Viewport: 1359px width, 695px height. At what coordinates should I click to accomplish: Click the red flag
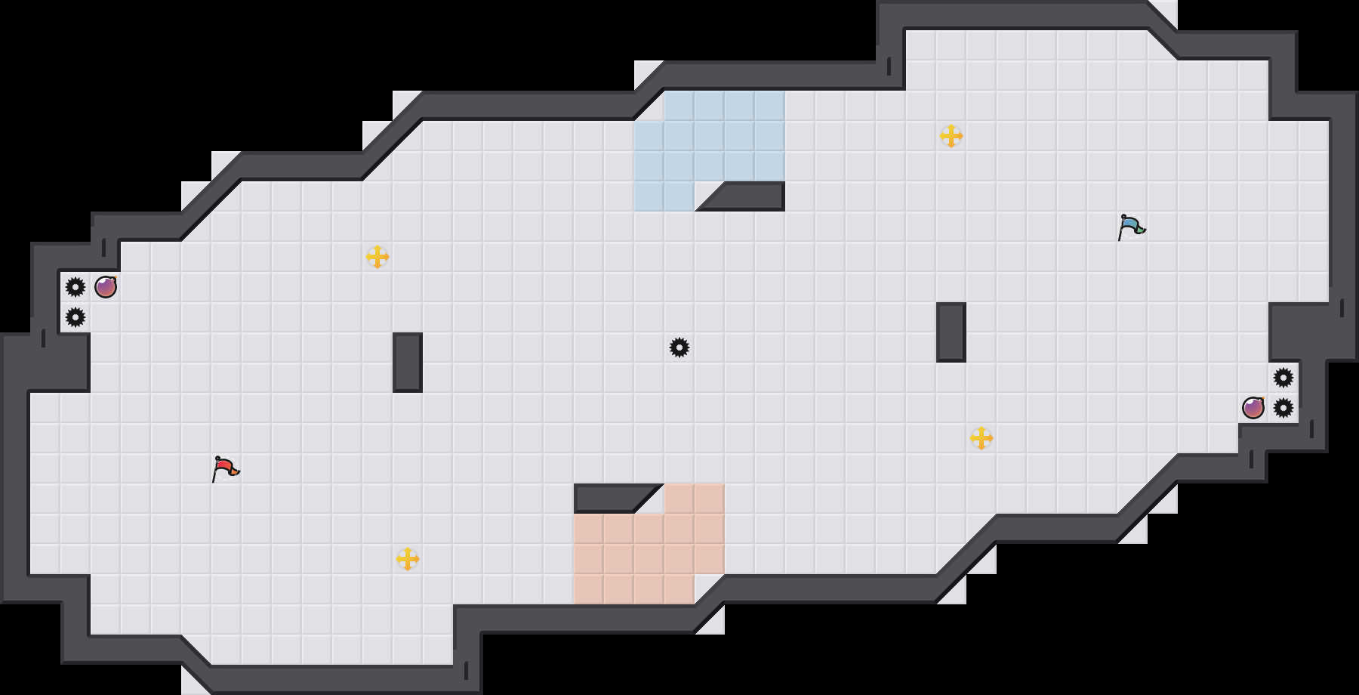(x=225, y=468)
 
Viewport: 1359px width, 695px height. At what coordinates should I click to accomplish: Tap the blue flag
(x=1131, y=227)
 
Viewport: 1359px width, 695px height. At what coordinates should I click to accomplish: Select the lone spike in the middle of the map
(x=679, y=347)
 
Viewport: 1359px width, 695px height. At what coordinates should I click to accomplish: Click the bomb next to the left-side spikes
(x=106, y=287)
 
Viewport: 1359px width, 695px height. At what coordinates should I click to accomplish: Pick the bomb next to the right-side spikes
(x=1253, y=408)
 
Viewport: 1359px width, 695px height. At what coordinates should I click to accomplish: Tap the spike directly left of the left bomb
(x=75, y=287)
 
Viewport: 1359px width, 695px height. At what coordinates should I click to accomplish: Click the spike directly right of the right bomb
(x=1283, y=408)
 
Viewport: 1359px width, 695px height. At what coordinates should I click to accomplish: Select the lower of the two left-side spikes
(x=75, y=317)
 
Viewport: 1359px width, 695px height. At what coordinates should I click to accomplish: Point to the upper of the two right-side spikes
(x=1283, y=378)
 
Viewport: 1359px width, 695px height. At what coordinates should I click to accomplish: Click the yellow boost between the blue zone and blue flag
(x=951, y=136)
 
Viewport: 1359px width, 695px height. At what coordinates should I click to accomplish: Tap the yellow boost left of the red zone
(x=408, y=559)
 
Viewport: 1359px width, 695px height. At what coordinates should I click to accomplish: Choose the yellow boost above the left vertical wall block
(x=377, y=257)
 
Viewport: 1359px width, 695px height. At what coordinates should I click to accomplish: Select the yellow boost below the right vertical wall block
(x=981, y=438)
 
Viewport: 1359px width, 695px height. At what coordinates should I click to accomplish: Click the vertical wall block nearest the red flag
(x=408, y=363)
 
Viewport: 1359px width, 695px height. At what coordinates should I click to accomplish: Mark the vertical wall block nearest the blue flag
(x=951, y=332)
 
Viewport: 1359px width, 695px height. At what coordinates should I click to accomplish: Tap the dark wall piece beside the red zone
(x=608, y=497)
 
